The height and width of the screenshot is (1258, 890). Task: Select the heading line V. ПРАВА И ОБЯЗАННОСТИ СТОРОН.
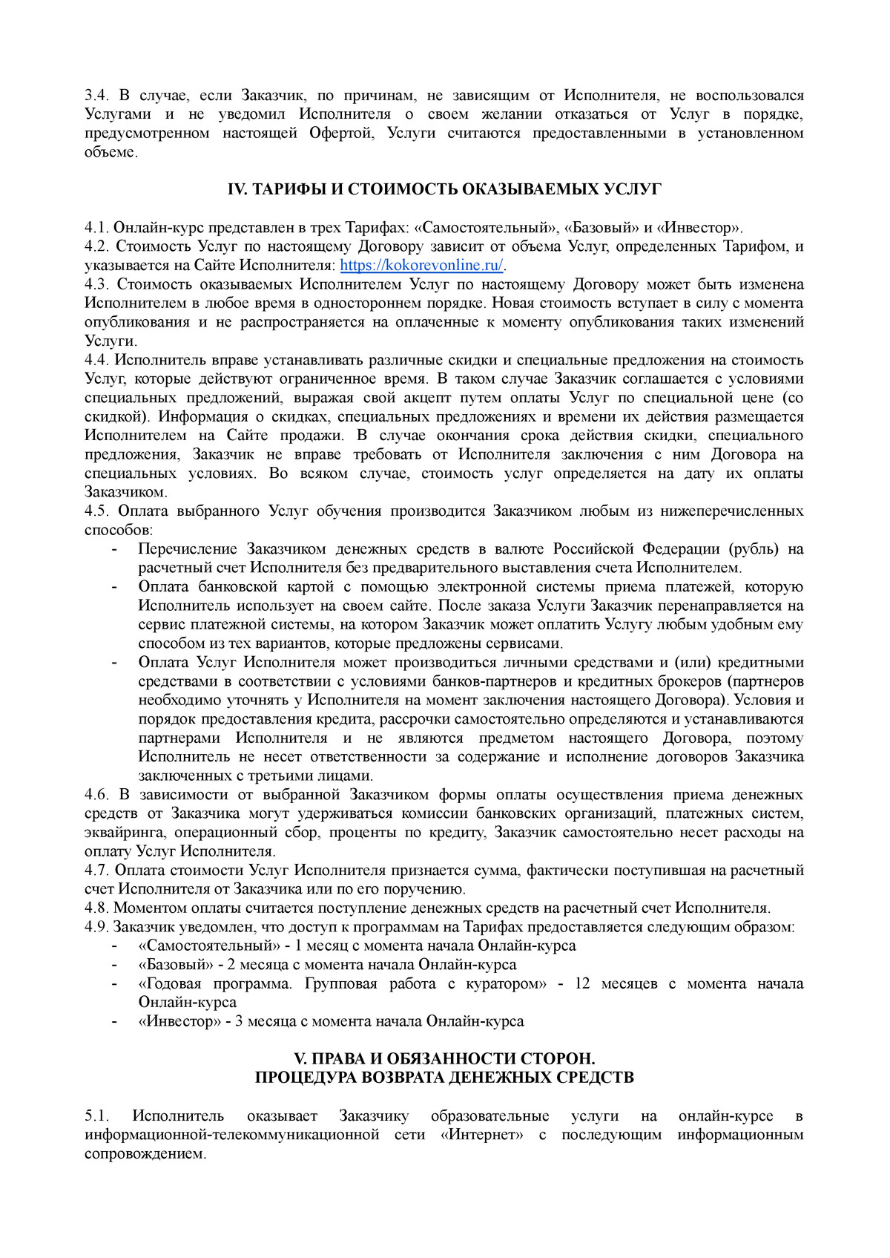pyautogui.click(x=444, y=1058)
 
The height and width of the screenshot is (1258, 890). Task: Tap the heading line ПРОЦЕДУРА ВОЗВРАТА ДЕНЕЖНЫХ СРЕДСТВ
pyautogui.click(x=444, y=1078)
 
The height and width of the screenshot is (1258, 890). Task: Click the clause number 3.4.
pyautogui.click(x=96, y=96)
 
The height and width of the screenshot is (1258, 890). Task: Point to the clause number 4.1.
pyautogui.click(x=96, y=228)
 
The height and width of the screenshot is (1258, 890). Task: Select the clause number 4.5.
pyautogui.click(x=96, y=511)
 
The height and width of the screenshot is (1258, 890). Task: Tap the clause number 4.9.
pyautogui.click(x=96, y=927)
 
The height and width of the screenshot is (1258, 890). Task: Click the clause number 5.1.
pyautogui.click(x=96, y=1116)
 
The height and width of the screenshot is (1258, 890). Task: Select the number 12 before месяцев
pyautogui.click(x=582, y=983)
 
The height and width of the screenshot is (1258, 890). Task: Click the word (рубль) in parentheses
pyautogui.click(x=754, y=549)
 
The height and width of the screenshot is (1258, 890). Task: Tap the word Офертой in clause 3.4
pyautogui.click(x=341, y=134)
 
